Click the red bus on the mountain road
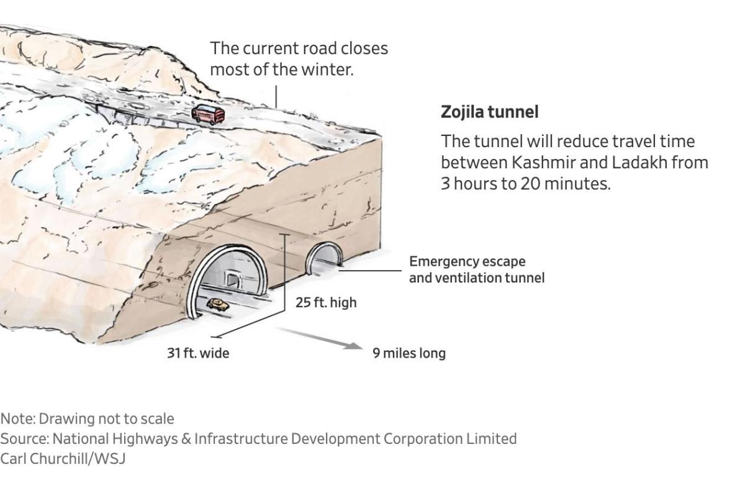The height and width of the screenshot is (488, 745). pos(208,114)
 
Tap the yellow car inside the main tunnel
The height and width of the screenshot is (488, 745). pos(217,304)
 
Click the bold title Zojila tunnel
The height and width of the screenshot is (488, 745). pos(489,112)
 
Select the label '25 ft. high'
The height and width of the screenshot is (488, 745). pos(326,303)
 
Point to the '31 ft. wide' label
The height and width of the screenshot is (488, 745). pos(198,353)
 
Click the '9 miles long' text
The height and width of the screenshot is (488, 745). pos(409,353)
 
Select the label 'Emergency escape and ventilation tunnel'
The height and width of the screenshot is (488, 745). pos(476,270)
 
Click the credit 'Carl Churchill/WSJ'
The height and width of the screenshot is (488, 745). pos(63,459)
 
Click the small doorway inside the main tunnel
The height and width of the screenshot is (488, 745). pos(232,280)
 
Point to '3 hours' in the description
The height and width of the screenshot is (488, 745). pos(464,184)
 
